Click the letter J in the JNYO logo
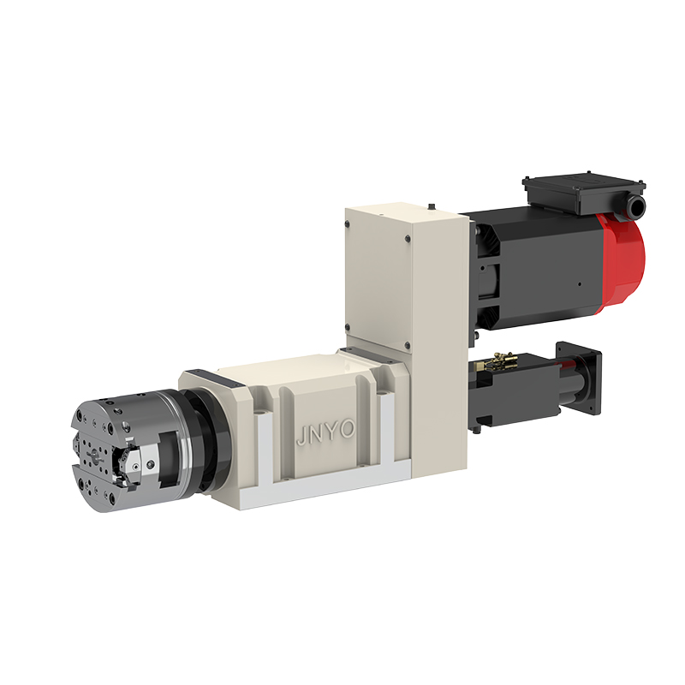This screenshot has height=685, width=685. [x=301, y=436]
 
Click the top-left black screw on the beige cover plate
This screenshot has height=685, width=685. [x=348, y=223]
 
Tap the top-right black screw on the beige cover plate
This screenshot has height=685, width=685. [x=408, y=239]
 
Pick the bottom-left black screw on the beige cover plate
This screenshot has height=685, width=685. [x=348, y=327]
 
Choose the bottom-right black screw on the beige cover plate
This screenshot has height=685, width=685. [x=408, y=345]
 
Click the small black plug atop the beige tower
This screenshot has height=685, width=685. [x=432, y=205]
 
